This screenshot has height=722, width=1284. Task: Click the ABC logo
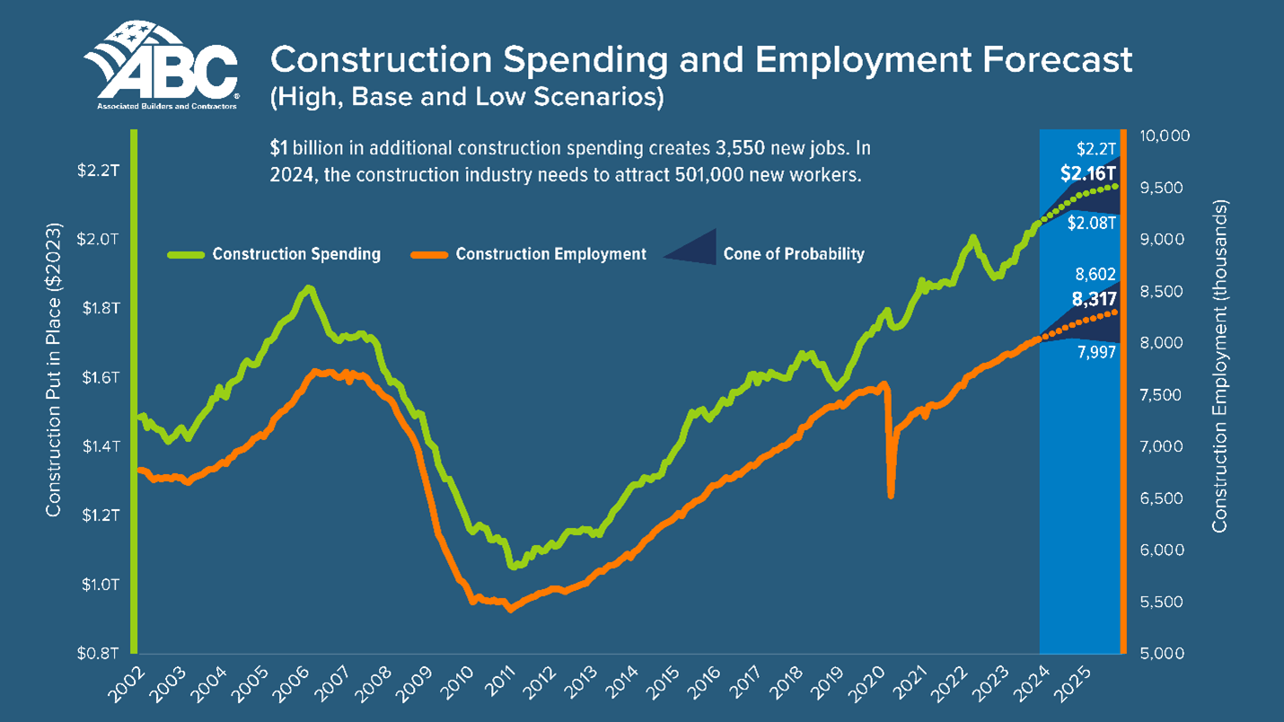(x=162, y=67)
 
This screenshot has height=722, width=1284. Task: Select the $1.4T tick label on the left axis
(x=96, y=446)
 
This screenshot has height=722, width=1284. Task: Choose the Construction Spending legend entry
(x=296, y=254)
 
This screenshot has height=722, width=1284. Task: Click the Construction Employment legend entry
(x=550, y=254)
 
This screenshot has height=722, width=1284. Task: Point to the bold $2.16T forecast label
(x=1087, y=173)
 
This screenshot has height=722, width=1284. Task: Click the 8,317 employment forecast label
(x=1094, y=301)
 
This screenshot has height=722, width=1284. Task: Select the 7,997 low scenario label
(x=1095, y=353)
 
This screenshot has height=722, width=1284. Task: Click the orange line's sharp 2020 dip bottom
(x=891, y=495)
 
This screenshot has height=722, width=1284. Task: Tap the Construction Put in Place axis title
(x=54, y=368)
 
